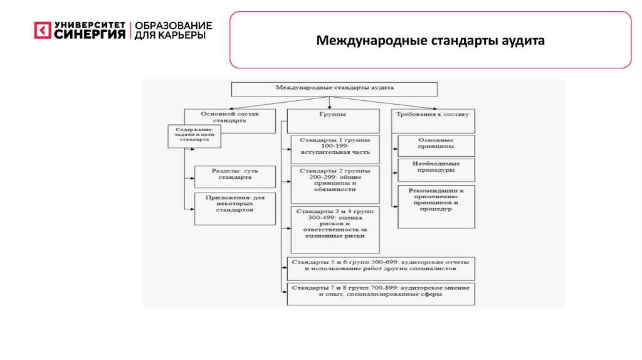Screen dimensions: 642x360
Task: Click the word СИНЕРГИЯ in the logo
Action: coord(90,35)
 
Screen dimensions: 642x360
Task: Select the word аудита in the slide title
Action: coord(522,41)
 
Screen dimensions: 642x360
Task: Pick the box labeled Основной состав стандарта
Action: coord(229,119)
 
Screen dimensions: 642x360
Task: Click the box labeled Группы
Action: coord(334,119)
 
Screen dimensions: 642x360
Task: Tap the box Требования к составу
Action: coord(433,119)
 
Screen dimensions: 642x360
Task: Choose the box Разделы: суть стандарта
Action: coord(235,177)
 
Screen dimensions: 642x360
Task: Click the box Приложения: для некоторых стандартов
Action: coord(235,208)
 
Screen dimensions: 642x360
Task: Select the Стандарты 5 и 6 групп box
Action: coord(380,268)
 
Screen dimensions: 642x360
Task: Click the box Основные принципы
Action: coord(436,146)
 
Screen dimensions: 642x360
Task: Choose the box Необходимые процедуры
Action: coord(436,170)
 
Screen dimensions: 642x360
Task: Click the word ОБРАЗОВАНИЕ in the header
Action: coord(173,25)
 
